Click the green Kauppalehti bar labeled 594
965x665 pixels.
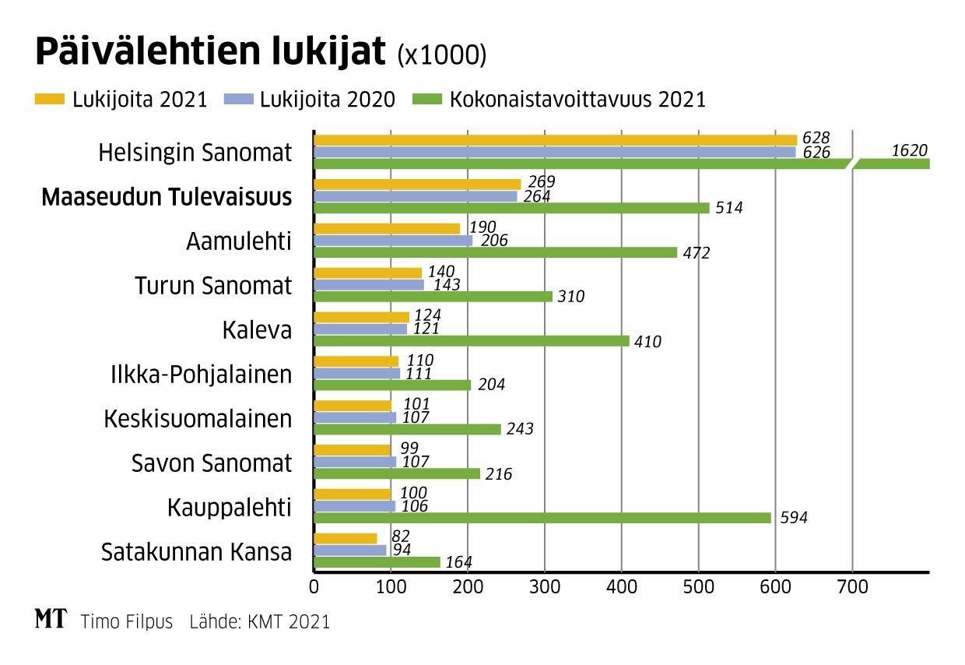[x=542, y=518]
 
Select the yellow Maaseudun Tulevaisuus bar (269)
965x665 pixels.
[x=417, y=185]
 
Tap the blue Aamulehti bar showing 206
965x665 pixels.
[x=393, y=241]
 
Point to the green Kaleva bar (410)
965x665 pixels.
[x=472, y=340]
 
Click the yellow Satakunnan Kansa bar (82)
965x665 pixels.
[x=345, y=539]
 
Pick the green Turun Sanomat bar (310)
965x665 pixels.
[x=433, y=296]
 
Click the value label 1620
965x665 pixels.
[x=909, y=151]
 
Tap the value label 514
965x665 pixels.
[x=728, y=208]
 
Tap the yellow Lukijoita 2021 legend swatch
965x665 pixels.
[x=50, y=100]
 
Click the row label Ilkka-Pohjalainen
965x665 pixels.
[x=201, y=375]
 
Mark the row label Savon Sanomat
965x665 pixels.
[x=212, y=463]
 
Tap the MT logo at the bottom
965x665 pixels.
[x=51, y=619]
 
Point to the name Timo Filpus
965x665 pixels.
[x=128, y=621]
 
